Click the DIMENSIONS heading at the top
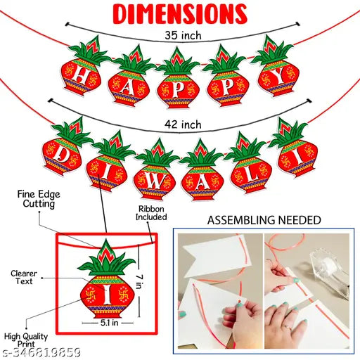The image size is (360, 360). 180,13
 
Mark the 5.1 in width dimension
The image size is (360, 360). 104,326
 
